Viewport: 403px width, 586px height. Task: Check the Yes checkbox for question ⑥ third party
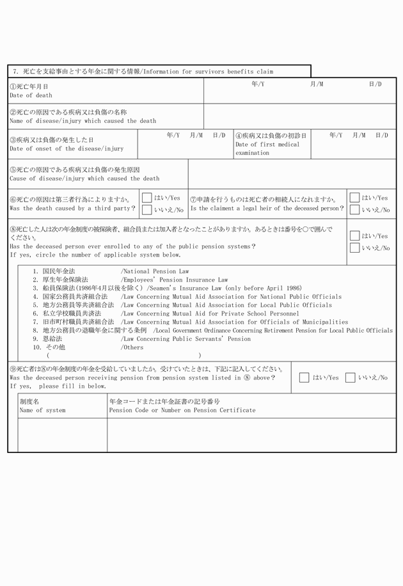[x=146, y=198]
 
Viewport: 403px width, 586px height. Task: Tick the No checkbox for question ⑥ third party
[x=146, y=210]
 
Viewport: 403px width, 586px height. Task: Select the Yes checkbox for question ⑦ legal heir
[x=354, y=198]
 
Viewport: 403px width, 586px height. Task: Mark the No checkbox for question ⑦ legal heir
[x=354, y=210]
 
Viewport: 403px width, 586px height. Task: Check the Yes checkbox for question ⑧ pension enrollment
[x=354, y=235]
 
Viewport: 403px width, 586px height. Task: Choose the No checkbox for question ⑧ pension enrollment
[x=354, y=248]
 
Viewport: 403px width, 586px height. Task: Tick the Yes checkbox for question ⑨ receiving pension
[x=304, y=377]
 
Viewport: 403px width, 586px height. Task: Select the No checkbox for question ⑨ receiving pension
[x=350, y=377]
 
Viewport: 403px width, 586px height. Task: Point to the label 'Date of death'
[x=31, y=95]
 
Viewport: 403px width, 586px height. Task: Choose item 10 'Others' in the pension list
[x=132, y=347]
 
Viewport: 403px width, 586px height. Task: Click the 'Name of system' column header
[x=42, y=410]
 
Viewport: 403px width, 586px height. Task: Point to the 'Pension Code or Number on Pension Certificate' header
[x=182, y=410]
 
